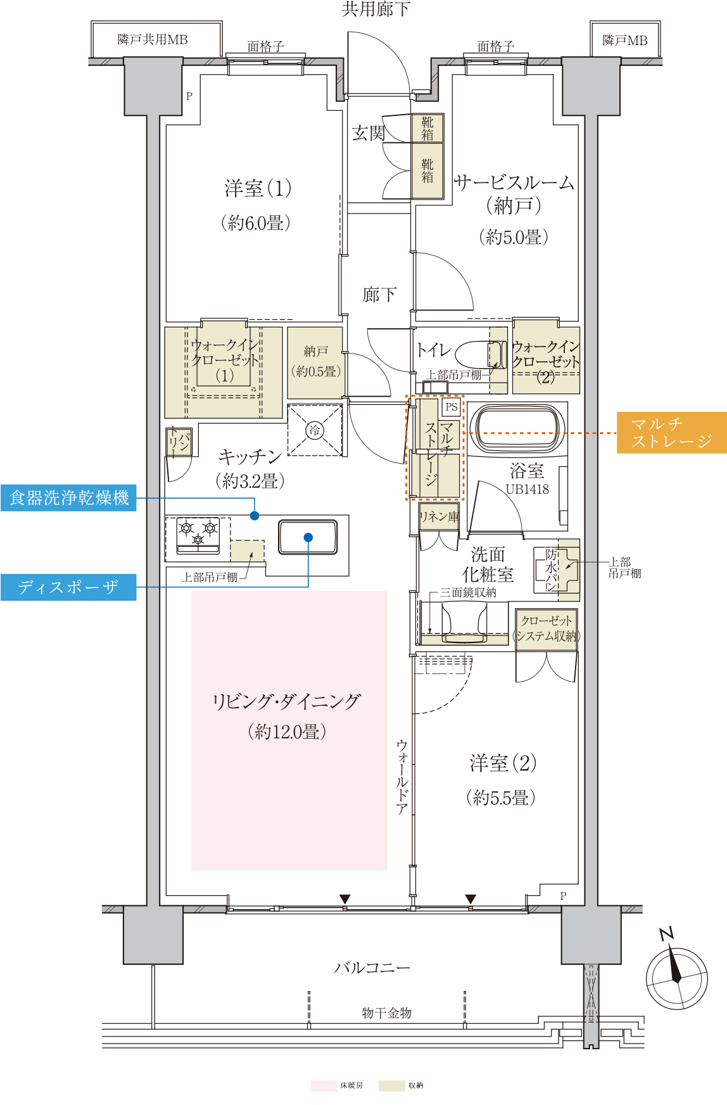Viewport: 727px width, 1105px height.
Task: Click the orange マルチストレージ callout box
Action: coord(672,433)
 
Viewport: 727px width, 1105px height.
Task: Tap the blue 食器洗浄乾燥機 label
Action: coord(68,498)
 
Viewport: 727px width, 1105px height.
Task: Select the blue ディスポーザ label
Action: coord(68,587)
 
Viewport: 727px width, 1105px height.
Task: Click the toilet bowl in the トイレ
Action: coord(479,355)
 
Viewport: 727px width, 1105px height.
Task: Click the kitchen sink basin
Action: coord(308,537)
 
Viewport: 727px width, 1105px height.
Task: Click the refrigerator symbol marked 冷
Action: coord(315,430)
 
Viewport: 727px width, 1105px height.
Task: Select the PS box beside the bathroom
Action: coord(451,407)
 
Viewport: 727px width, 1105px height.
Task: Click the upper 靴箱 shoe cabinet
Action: coord(427,128)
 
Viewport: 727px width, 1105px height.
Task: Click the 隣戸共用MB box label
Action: coord(153,40)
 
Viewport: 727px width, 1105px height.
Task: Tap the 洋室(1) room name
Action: coord(257,188)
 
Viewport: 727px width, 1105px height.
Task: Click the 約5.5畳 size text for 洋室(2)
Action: coord(501,797)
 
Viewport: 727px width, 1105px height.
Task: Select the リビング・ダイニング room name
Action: coord(286,701)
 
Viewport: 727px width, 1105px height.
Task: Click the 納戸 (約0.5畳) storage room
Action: coord(315,362)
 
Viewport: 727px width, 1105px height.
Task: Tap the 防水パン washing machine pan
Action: coord(556,570)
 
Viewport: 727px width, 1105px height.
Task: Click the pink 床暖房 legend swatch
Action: coord(324,1086)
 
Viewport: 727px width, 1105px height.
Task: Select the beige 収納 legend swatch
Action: coord(391,1086)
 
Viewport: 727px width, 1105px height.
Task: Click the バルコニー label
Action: coord(372,968)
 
